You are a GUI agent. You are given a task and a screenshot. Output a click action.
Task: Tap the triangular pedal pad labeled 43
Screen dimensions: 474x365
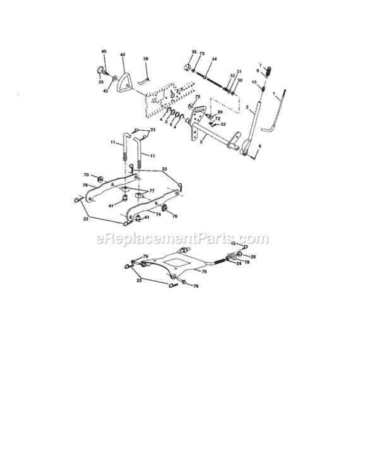click(123, 82)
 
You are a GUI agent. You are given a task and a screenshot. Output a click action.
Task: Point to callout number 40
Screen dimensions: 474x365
click(104, 51)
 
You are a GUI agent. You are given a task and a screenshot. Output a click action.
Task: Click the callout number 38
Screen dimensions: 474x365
click(146, 59)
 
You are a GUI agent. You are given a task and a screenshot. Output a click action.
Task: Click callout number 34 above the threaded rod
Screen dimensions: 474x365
click(214, 59)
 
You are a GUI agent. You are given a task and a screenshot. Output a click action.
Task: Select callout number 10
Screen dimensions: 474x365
click(253, 83)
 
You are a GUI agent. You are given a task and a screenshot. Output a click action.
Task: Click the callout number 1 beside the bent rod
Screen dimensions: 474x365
click(274, 95)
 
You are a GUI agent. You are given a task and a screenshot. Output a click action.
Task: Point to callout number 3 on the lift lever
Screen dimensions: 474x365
click(247, 107)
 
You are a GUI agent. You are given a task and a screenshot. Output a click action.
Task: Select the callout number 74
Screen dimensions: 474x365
click(159, 215)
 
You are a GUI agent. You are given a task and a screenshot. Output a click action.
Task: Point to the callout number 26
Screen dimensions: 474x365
click(253, 256)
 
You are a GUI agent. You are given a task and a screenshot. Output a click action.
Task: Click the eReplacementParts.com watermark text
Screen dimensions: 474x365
click(182, 239)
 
